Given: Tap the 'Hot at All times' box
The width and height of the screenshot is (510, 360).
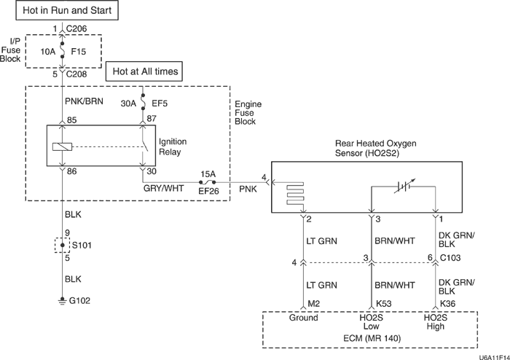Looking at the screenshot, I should coord(145,71).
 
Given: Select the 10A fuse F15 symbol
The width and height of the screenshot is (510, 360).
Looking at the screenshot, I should coord(62,52).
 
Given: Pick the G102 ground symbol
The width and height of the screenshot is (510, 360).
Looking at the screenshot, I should coord(61,300).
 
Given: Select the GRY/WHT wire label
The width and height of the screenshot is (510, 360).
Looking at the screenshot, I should coord(164,188).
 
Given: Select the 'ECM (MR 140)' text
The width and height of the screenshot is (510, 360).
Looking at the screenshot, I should coord(370,339).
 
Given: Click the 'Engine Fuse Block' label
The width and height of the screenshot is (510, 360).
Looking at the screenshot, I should coord(248,114).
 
